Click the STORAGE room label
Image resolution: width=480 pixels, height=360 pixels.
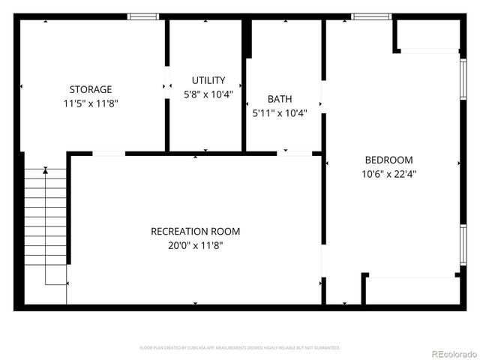91,89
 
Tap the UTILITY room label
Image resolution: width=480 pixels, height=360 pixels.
208,80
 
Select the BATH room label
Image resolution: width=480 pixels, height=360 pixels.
280,99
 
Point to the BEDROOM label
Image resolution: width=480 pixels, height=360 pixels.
388,160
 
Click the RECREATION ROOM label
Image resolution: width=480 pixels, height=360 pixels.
195,232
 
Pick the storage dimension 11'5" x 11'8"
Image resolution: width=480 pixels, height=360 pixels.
91,103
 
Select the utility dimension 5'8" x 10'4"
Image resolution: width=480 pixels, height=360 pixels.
208,94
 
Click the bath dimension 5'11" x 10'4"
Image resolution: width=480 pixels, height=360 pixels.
280,113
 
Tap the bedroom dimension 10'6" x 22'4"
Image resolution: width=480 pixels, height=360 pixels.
388,174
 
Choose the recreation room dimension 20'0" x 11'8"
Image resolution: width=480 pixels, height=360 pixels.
195,245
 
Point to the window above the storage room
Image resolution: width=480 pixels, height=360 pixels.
143,16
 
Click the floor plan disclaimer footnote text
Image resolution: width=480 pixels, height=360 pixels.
240,348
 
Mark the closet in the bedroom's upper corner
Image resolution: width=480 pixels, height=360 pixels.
427,35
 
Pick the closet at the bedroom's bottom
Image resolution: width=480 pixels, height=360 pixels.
411,290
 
